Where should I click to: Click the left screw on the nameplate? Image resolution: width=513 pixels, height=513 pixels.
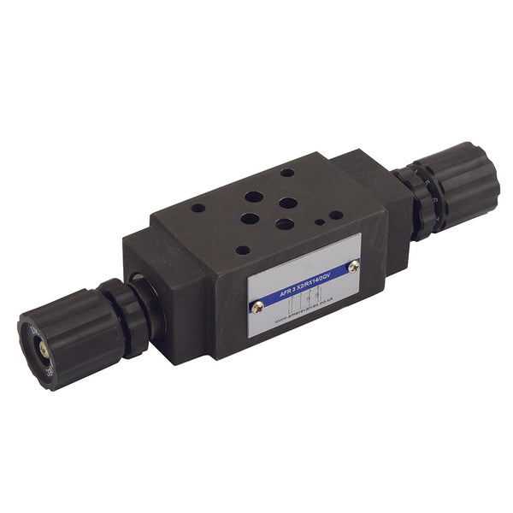tap(255, 305)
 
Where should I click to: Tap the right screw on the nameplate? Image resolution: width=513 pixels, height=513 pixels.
tap(353, 268)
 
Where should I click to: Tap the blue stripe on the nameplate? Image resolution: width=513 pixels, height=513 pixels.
tap(304, 283)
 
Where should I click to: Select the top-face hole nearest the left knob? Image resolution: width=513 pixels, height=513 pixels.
tap(198, 207)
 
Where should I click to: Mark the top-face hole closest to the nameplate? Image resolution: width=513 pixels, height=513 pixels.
tap(244, 251)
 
